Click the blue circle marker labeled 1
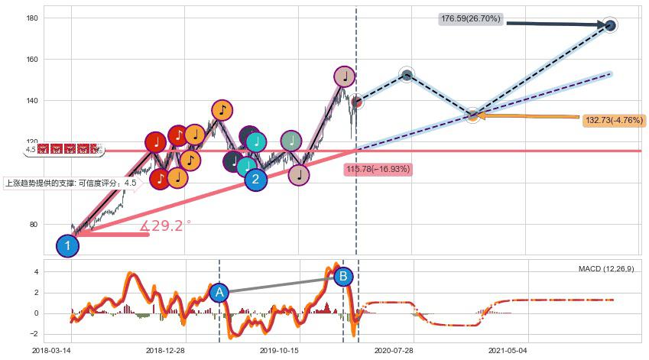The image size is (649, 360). pos(68,246)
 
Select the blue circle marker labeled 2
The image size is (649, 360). pos(256,180)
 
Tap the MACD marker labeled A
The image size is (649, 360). pos(219,292)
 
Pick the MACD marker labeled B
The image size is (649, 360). pos(343,276)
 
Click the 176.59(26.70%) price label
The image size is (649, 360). pos(470,19)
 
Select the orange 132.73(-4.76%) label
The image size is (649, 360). pos(615,121)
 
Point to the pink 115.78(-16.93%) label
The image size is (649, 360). pos(378,169)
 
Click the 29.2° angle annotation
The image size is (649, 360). pos(166,225)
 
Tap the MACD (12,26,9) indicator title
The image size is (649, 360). pos(605,269)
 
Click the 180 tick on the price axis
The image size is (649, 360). pos(32,18)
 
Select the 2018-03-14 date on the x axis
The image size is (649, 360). pos(51,351)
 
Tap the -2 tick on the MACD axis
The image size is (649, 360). pos(34,334)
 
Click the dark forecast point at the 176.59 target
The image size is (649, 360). pos(610,25)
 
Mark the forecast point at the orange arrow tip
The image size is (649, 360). pos(473,115)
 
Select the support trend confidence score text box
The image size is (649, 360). pos(71,183)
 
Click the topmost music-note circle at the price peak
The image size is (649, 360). pos(345,76)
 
